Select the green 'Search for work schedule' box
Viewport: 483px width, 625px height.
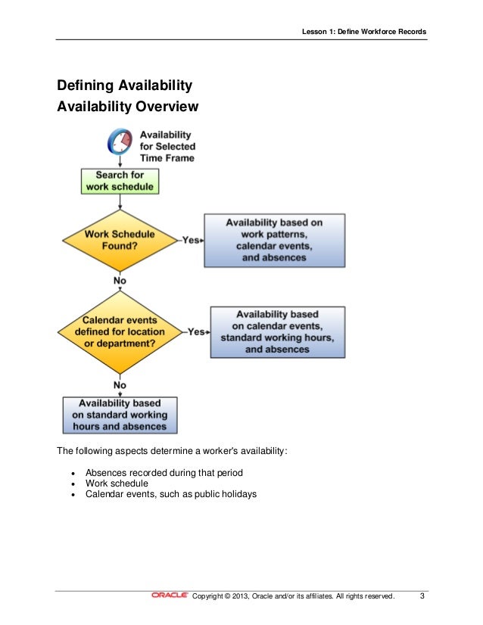[120, 181]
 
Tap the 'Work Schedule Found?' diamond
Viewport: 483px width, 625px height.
[120, 240]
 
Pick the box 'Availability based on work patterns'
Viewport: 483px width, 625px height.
[274, 240]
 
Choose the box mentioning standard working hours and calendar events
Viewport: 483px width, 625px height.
[277, 331]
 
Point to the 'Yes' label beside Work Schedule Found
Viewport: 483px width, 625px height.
[192, 240]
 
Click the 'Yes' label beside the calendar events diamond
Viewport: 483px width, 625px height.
[197, 331]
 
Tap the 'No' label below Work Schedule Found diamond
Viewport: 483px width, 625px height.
[120, 281]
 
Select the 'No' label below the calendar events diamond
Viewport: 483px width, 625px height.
[120, 385]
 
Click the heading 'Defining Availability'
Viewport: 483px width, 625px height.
[125, 86]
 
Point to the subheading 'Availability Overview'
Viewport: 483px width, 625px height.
[128, 107]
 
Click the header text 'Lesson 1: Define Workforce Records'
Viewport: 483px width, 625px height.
[363, 32]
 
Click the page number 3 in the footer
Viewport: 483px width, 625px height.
[422, 596]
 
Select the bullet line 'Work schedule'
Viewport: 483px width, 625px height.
[117, 484]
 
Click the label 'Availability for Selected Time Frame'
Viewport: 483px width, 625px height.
[167, 147]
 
